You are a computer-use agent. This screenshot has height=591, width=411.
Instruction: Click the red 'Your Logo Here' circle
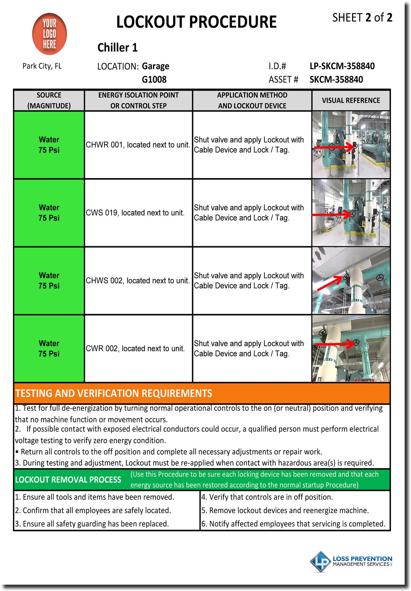[49, 34]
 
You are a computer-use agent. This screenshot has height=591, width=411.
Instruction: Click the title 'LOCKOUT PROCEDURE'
[196, 22]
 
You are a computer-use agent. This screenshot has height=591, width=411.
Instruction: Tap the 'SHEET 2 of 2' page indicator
[362, 18]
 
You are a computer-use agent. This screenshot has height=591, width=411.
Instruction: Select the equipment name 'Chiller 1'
[117, 48]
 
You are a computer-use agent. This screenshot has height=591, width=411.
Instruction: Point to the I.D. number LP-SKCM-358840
[342, 66]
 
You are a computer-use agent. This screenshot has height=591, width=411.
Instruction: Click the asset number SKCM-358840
[336, 79]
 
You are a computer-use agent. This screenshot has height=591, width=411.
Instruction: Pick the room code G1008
[154, 79]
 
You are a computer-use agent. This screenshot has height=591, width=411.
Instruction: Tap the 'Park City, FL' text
[42, 66]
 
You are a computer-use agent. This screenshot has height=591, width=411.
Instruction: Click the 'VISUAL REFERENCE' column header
[351, 100]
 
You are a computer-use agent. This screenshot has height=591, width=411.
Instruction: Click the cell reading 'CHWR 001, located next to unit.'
[138, 145]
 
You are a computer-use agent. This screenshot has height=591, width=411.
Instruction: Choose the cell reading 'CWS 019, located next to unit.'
[135, 213]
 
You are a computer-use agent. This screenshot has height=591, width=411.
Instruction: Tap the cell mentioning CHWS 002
[138, 281]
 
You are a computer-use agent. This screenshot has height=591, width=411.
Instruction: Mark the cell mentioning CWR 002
[135, 349]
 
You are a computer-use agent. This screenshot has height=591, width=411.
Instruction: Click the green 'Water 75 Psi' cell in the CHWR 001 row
[49, 145]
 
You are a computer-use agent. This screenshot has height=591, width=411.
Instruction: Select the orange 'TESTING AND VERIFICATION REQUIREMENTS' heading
[114, 393]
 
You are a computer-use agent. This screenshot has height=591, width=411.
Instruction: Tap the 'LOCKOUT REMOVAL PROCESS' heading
[68, 480]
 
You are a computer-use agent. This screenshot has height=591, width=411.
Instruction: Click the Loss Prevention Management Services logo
[351, 561]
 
